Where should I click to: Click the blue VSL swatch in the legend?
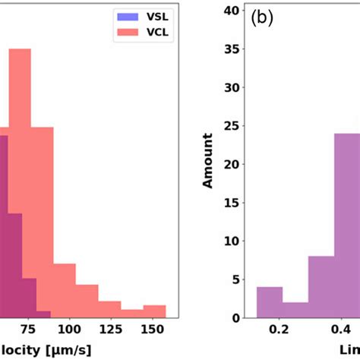coord(126,14)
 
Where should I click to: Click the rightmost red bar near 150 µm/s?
coord(154,311)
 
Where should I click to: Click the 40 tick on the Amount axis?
coord(236,11)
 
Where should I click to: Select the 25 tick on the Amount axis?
coord(236,126)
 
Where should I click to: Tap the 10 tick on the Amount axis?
coord(236,241)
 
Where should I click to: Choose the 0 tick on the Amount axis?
coord(239,317)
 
